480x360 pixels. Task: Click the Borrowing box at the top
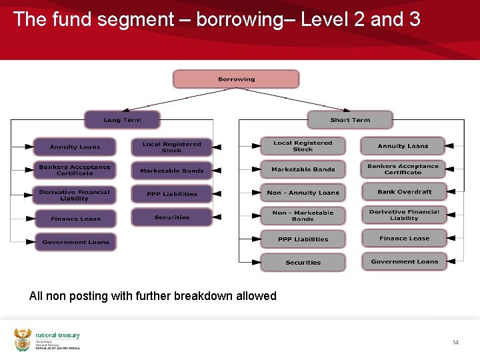click(236, 79)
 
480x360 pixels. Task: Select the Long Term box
click(122, 120)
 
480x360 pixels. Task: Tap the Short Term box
click(349, 120)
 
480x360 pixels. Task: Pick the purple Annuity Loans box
click(75, 147)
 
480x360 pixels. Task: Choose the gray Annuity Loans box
click(403, 146)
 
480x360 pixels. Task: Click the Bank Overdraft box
click(404, 192)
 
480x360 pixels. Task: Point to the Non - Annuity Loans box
click(303, 193)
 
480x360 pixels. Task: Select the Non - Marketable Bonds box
click(303, 216)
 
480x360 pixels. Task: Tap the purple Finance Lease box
click(75, 219)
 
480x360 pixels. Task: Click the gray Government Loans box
click(404, 261)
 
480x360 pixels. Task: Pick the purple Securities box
click(171, 217)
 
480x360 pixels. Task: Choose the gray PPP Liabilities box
click(303, 239)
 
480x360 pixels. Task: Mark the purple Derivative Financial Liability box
click(75, 195)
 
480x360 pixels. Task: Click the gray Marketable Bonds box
click(303, 169)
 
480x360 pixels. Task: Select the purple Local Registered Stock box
click(171, 147)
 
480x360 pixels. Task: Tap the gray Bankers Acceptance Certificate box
click(403, 169)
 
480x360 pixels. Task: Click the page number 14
click(455, 343)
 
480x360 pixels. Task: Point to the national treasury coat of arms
click(23, 339)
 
